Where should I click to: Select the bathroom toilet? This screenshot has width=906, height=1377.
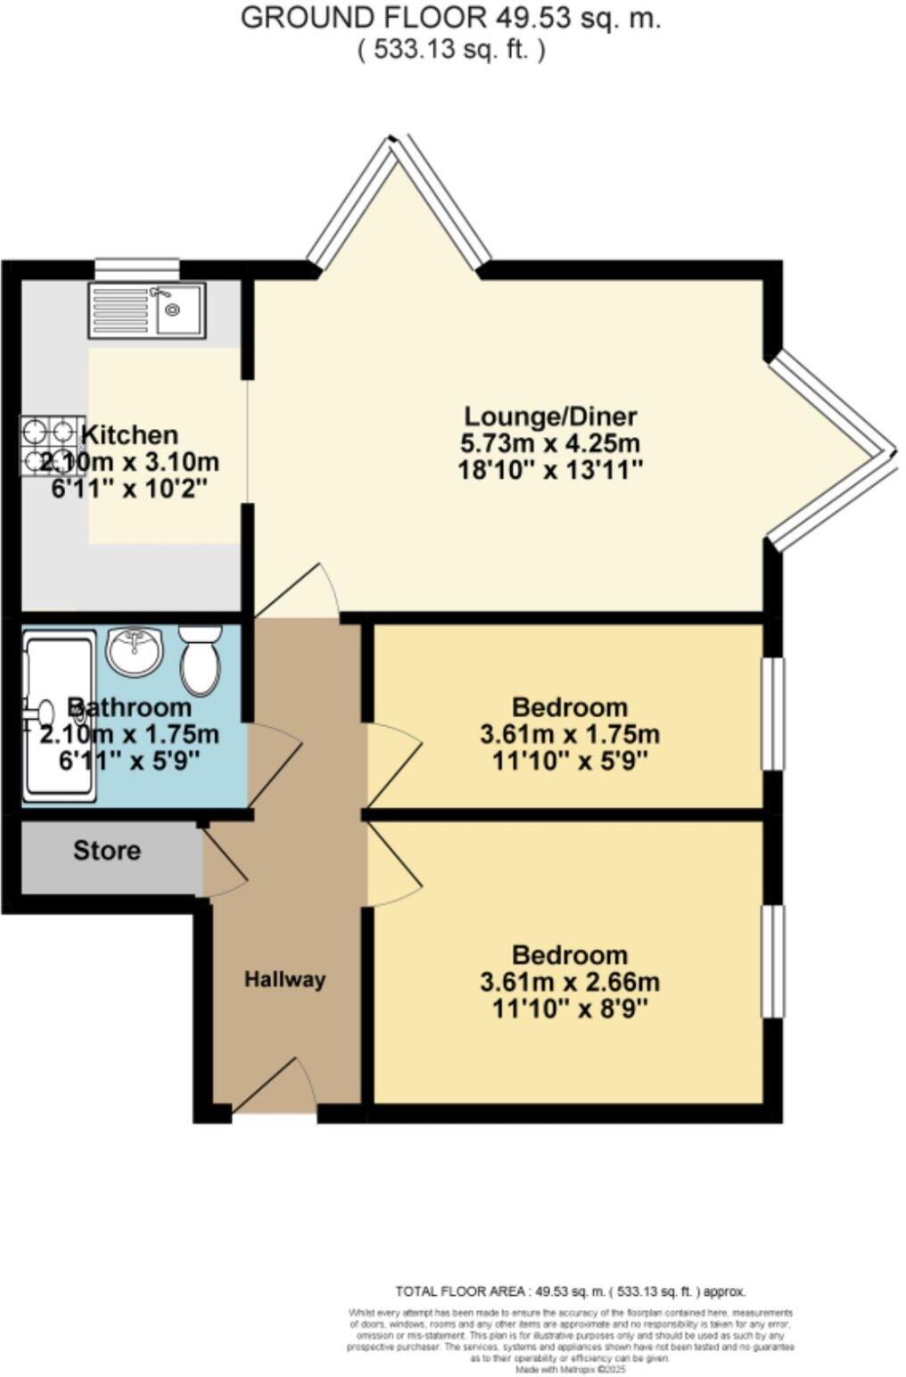point(201,660)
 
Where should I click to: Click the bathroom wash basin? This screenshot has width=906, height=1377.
point(134,651)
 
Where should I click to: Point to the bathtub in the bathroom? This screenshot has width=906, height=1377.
point(59,713)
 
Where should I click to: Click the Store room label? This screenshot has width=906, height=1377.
point(107,851)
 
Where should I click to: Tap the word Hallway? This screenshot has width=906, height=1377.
point(285,979)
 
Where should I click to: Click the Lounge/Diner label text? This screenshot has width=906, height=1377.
point(551,416)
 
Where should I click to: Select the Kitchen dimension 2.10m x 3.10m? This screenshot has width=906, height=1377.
point(130,462)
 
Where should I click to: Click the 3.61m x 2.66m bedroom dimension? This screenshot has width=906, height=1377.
point(570,983)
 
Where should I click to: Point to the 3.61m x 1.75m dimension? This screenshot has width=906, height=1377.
point(570,735)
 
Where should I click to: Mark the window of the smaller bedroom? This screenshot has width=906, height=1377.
point(772,713)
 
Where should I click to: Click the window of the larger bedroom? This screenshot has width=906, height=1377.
point(772,961)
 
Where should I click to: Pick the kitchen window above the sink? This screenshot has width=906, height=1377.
point(137,268)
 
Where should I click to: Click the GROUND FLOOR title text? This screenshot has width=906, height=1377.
point(451,18)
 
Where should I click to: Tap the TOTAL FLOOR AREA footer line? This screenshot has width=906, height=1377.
point(571,1291)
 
